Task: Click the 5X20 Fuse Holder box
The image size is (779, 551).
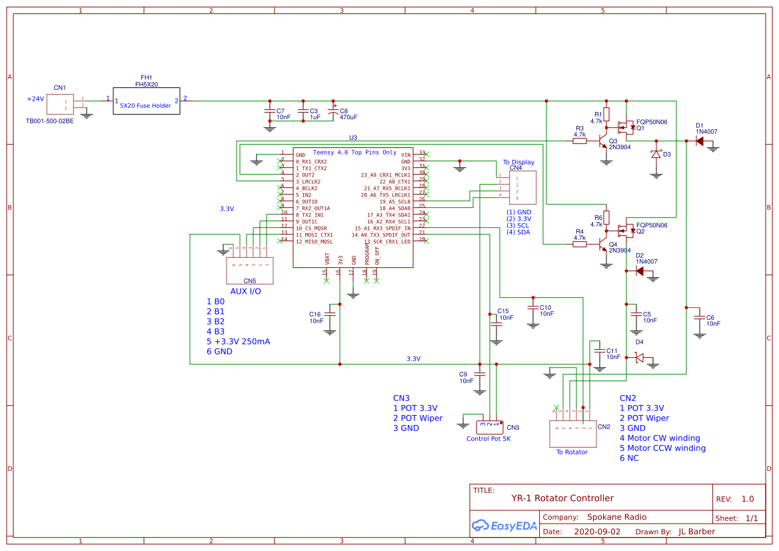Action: point(146,102)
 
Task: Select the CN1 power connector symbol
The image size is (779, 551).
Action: point(59,105)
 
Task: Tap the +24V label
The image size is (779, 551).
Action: point(35,99)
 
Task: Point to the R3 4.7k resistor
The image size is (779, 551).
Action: point(580,141)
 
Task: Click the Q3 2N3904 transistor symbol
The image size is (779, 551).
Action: point(604,143)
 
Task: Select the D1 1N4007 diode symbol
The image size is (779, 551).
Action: point(700,141)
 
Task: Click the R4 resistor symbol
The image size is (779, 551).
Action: point(580,244)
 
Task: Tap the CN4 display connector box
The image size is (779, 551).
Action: point(522,187)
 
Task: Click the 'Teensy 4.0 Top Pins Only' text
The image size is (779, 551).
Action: point(355,153)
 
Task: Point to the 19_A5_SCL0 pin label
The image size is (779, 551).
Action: point(394,201)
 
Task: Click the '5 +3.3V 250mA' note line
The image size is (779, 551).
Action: point(238,341)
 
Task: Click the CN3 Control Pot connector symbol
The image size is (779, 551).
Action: point(489,424)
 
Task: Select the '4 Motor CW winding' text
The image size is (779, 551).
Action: point(660,438)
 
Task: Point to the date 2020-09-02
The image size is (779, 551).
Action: point(596,532)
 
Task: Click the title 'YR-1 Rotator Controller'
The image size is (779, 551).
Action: point(562,498)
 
